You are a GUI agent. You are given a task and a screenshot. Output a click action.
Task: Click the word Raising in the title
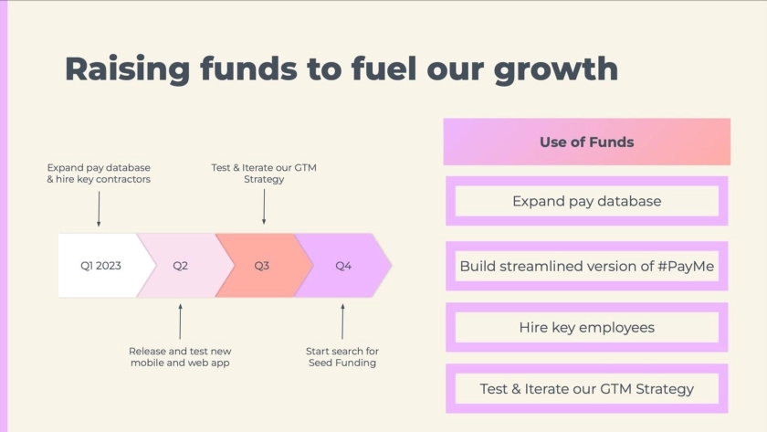[x=127, y=69]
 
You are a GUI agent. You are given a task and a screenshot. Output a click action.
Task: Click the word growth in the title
[x=556, y=70]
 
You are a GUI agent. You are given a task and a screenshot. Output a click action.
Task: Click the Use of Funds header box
[x=587, y=142]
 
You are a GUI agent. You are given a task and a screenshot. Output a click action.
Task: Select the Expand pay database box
[x=587, y=201]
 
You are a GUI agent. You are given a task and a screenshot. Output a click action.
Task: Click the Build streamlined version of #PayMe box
[x=587, y=266]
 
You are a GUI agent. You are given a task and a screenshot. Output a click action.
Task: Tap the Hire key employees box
[x=587, y=327]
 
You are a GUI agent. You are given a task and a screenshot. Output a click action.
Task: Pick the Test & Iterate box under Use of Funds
[x=587, y=388]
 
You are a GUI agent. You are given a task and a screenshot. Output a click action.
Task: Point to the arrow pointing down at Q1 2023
[x=99, y=209]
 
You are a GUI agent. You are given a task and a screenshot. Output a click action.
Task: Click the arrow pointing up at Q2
[x=181, y=321]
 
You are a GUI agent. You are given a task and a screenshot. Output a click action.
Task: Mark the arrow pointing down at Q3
[x=264, y=207]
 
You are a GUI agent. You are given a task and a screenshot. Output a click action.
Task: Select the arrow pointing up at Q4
[x=342, y=321]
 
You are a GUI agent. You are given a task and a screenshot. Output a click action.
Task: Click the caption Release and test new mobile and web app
[x=180, y=357]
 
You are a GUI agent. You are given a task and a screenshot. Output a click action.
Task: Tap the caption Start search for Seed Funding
[x=342, y=357]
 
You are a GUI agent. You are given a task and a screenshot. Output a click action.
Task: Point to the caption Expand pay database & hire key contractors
[x=99, y=174]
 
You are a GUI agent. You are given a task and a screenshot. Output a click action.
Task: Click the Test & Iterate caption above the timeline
[x=264, y=174]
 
